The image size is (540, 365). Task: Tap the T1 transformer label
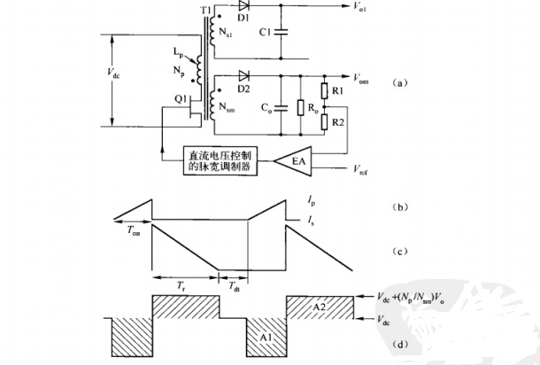pyautogui.click(x=207, y=9)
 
